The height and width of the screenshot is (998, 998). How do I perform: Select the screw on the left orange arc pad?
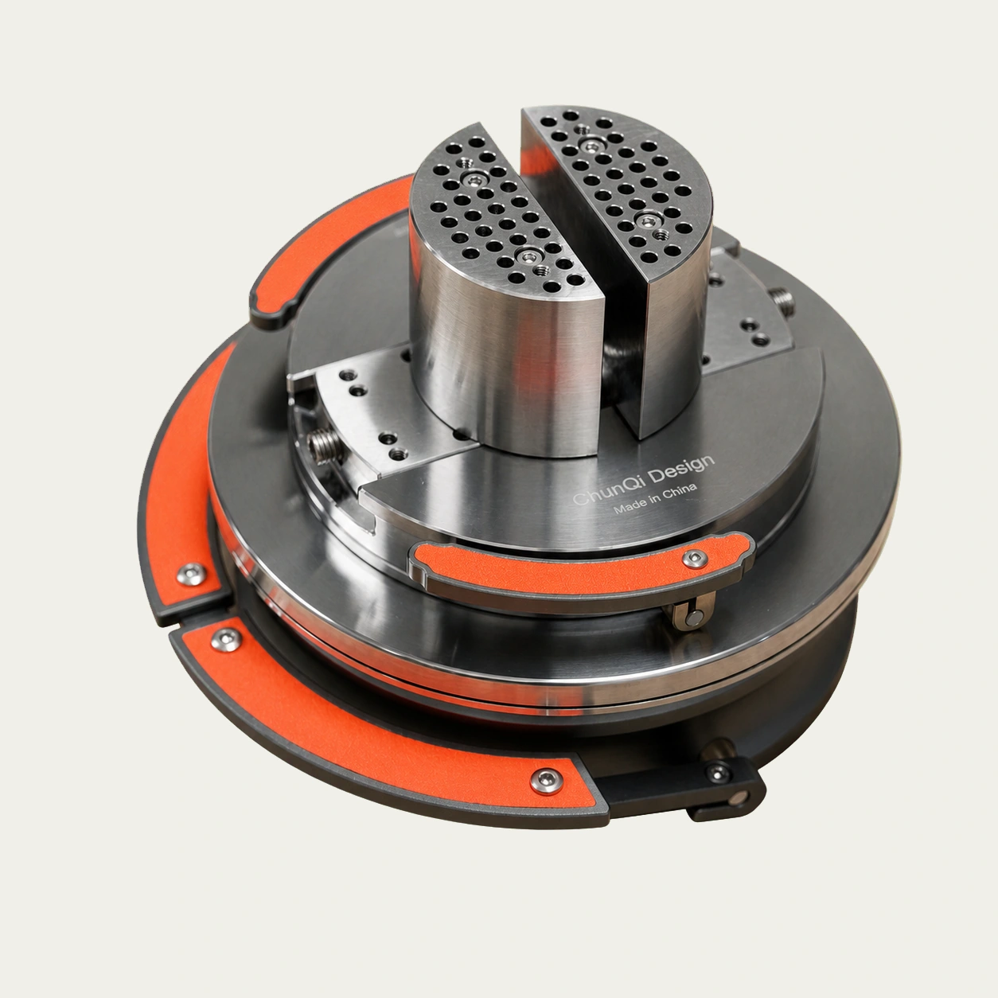(x=192, y=575)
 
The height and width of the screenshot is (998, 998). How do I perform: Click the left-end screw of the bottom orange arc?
(x=224, y=640)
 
